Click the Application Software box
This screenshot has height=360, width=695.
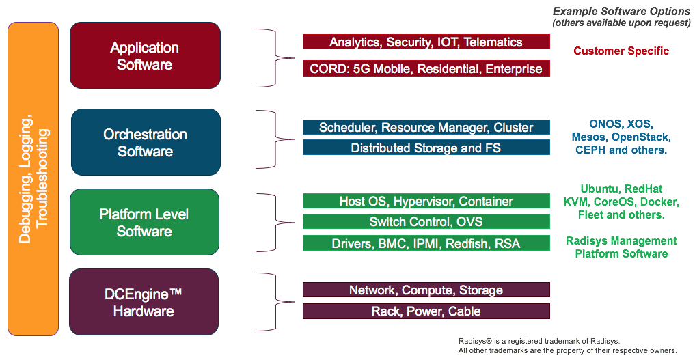145,55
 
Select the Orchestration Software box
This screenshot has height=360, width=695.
146,142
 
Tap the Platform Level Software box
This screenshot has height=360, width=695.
144,222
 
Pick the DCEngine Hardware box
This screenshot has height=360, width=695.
144,302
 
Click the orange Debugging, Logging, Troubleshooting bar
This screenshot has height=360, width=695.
33,179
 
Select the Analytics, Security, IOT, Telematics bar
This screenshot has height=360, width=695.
426,42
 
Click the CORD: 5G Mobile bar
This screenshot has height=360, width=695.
426,68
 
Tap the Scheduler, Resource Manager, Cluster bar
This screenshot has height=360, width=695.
426,127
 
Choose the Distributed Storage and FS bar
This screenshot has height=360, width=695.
426,148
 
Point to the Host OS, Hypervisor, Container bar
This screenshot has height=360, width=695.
426,201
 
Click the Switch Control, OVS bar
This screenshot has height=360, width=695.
426,221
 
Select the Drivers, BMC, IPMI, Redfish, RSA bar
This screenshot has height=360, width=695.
426,243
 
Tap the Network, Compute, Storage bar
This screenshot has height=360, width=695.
426,290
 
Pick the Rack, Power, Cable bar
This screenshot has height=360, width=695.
426,311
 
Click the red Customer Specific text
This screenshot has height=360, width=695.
621,51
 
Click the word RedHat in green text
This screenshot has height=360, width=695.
644,189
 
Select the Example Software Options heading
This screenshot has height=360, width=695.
621,12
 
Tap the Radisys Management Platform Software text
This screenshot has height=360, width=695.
621,247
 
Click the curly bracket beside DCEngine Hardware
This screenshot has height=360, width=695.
275,302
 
